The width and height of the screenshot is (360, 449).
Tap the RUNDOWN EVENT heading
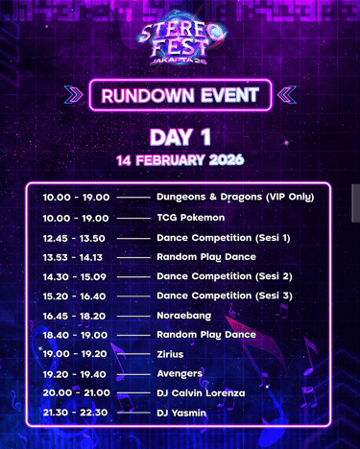[x=180, y=95]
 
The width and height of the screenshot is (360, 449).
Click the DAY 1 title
[x=180, y=137]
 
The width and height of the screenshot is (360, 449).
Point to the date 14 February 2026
[x=180, y=160]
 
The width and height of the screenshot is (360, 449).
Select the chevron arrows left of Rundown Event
[x=73, y=95]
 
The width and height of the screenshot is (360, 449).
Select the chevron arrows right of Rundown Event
[x=287, y=95]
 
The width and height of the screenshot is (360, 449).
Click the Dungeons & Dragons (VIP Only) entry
[x=235, y=197]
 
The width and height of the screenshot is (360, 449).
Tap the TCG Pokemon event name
[x=191, y=218]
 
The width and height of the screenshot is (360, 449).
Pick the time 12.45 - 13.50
[x=74, y=238]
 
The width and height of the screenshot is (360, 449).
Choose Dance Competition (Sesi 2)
[x=225, y=276]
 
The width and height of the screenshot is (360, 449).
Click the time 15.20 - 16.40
[x=74, y=296]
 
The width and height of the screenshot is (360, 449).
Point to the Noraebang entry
[x=184, y=316]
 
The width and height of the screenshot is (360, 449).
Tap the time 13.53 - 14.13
[x=73, y=257]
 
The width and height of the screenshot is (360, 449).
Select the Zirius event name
[x=170, y=354]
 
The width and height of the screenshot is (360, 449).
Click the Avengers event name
[x=180, y=374]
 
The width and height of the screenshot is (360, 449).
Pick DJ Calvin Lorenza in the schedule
[x=201, y=393]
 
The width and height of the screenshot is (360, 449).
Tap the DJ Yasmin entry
[x=181, y=413]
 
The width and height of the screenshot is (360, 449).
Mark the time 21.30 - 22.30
[x=75, y=413]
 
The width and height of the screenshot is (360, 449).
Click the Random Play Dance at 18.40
[x=206, y=335]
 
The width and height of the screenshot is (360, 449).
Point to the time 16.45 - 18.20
[x=74, y=316]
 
